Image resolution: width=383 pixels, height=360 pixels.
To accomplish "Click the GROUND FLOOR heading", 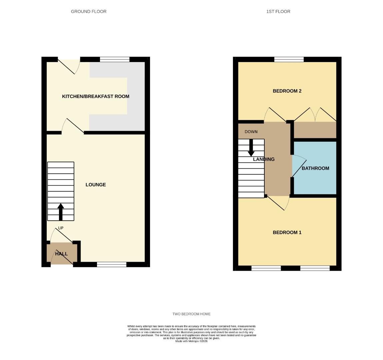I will coord(89,11).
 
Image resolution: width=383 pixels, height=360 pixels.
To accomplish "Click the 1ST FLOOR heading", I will coord(278,11).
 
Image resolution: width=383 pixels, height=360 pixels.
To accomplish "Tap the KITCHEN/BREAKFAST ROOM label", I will coord(96,96).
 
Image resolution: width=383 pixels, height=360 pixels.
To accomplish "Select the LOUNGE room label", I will coord(96,185).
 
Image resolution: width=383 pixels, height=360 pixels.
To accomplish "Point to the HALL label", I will coord(61,254).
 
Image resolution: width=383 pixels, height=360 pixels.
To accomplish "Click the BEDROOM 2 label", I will coord(287,91).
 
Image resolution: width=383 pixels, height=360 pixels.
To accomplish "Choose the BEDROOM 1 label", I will coord(287,232).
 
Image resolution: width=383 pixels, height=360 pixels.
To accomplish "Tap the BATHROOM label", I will coord(315,168).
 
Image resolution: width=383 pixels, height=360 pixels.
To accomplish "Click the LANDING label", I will coord(264,159).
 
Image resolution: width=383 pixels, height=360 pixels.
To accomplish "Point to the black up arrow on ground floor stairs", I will coord(61,212).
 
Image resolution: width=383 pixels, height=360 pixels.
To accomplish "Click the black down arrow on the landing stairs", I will coord(251,148).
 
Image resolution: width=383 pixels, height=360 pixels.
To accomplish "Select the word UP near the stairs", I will coord(61,228).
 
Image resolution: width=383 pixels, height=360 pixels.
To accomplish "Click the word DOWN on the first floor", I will coord(251,132).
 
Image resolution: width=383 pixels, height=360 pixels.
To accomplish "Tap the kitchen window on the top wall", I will coord(115,60).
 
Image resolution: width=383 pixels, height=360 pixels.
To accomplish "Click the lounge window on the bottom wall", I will coord(112,265).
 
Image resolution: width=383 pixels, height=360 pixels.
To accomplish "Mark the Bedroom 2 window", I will coord(289,60).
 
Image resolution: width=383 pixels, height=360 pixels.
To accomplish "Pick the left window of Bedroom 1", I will coord(266,268).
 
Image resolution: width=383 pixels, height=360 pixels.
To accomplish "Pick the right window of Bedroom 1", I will coord(315,268).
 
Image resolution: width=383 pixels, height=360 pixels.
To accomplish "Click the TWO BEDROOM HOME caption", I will coord(191,314).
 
